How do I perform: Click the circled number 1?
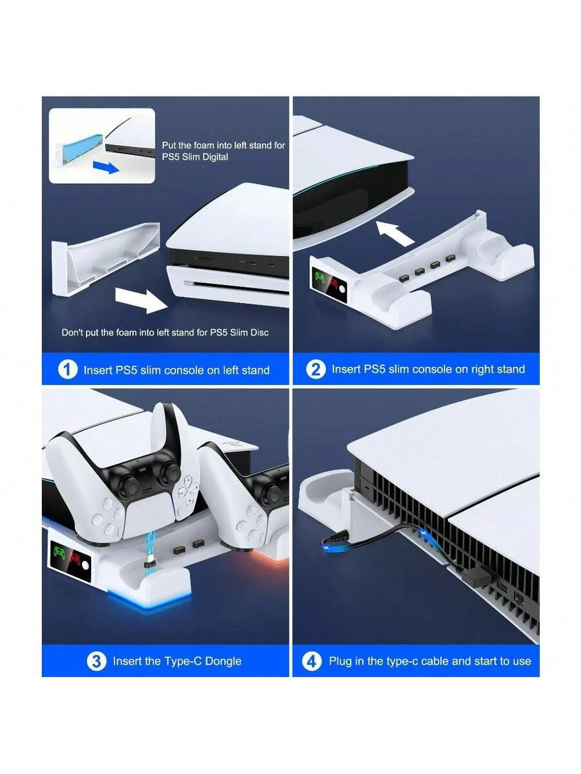coord(67,370)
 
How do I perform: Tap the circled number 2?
coord(316,370)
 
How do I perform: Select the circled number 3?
coord(96,661)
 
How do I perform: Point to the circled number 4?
coord(312,661)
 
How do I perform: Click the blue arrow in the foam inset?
coord(106,166)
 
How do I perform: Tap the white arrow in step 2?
coord(394,233)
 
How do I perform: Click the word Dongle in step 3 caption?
coord(223,661)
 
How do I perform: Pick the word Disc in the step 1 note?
coord(260,333)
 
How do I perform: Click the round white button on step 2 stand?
coord(341,290)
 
